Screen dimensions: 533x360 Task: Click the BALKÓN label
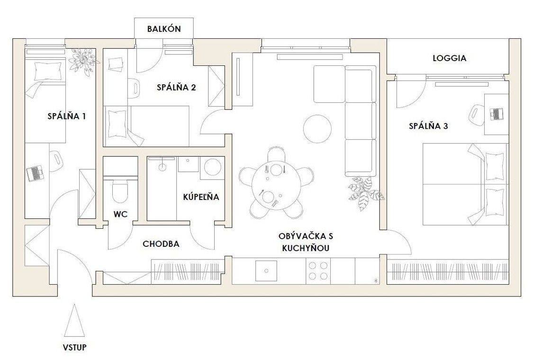164,29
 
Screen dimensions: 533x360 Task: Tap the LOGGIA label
450,58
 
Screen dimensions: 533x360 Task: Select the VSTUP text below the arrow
74,347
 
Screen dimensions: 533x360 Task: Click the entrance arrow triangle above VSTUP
74,320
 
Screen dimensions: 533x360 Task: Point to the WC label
121,214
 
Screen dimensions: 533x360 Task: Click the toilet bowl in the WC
120,191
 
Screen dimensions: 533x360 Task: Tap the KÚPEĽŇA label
201,197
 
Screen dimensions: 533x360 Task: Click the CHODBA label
161,244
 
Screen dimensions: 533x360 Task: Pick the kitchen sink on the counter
266,270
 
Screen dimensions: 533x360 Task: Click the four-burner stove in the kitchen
318,270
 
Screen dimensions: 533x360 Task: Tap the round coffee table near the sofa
317,129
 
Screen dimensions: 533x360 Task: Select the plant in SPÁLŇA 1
83,61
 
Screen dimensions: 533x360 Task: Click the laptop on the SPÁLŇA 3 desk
497,114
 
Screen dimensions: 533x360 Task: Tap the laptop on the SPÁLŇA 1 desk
36,173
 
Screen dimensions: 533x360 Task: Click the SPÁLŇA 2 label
176,87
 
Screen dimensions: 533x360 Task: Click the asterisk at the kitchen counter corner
376,280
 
